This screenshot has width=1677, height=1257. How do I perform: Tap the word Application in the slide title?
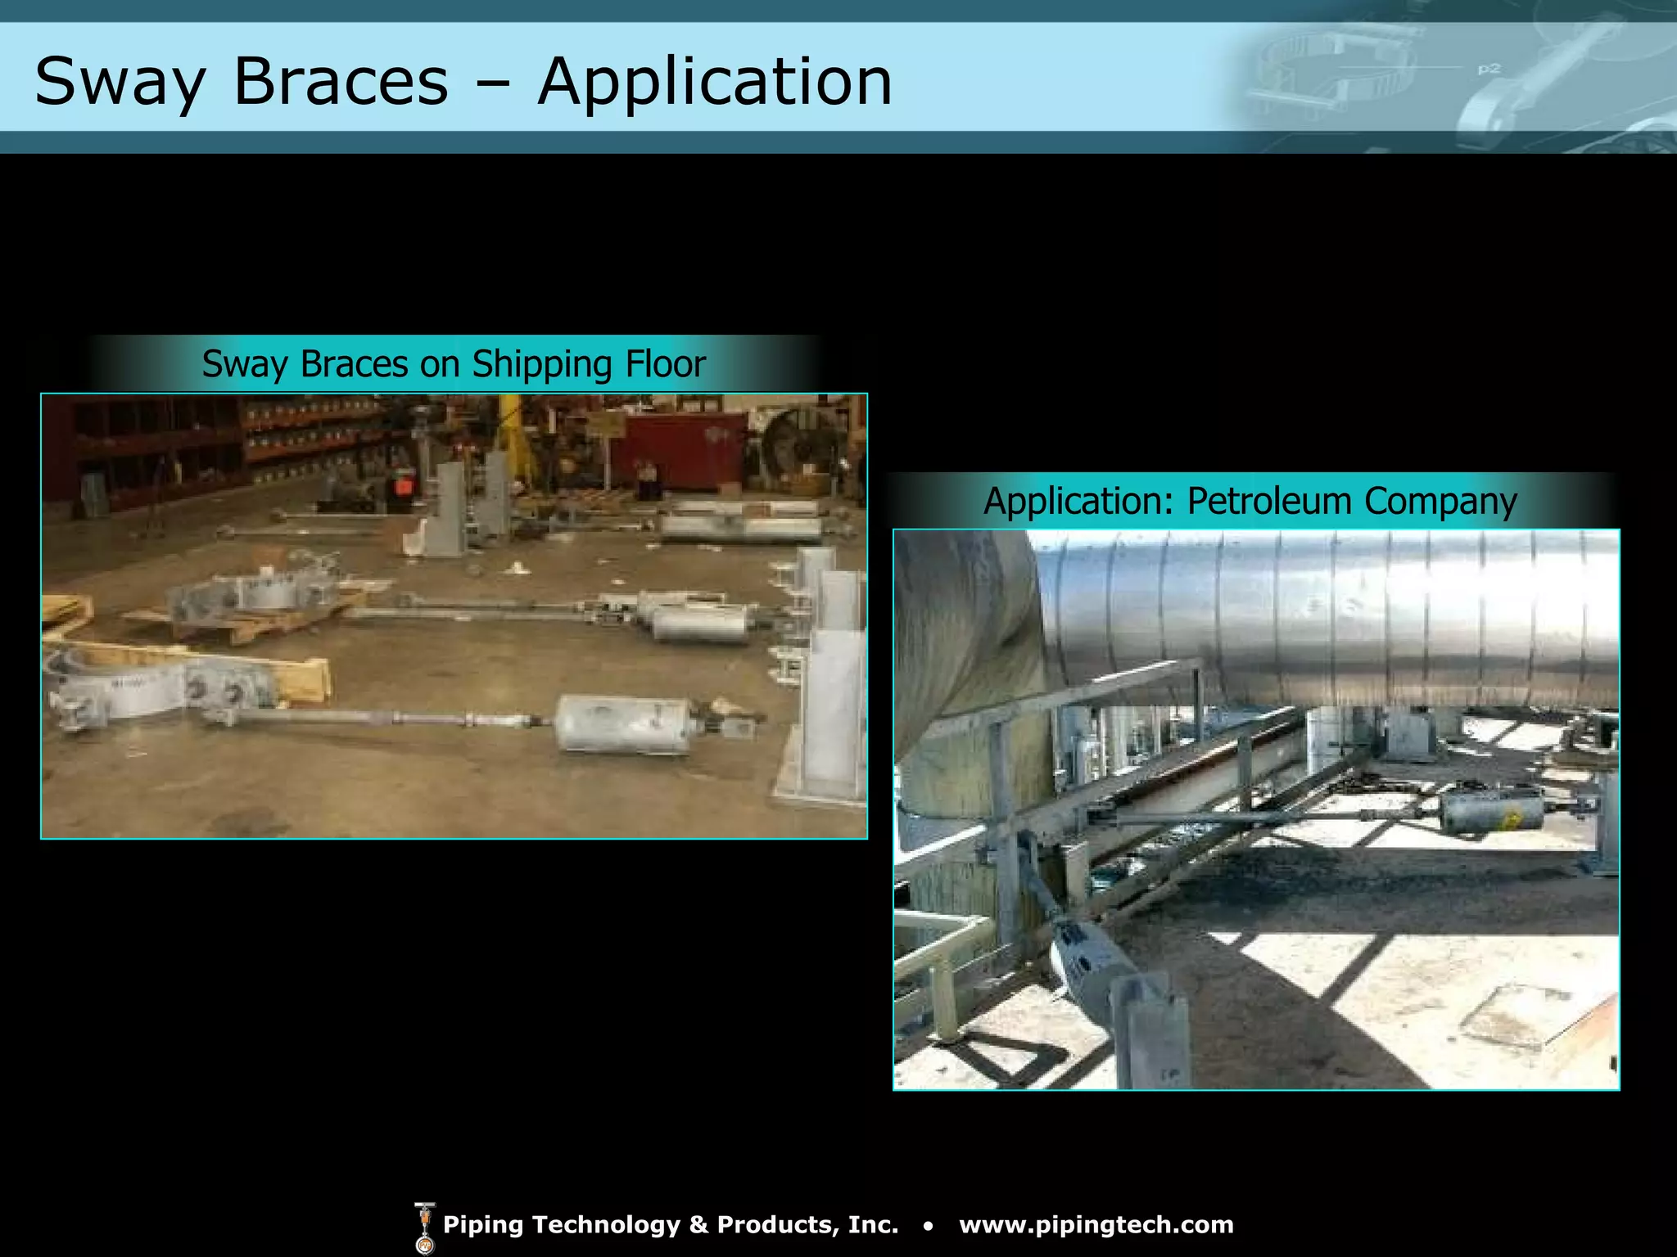pos(715,82)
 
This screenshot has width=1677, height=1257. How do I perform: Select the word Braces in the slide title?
pos(341,82)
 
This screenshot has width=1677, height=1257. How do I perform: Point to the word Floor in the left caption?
pos(666,364)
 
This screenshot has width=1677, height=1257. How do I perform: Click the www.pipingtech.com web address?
pos(1096,1224)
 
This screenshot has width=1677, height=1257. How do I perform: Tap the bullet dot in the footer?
pos(928,1226)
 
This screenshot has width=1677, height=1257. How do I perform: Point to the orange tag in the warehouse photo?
pos(403,484)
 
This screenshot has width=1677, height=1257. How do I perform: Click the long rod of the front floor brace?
pos(393,719)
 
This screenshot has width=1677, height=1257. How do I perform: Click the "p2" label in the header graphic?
pos(1489,69)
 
